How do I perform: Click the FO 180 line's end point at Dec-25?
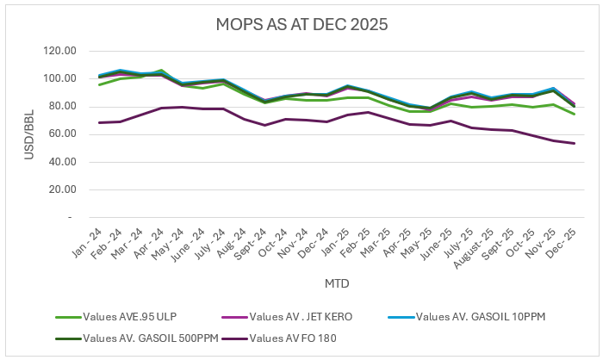click(574, 143)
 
